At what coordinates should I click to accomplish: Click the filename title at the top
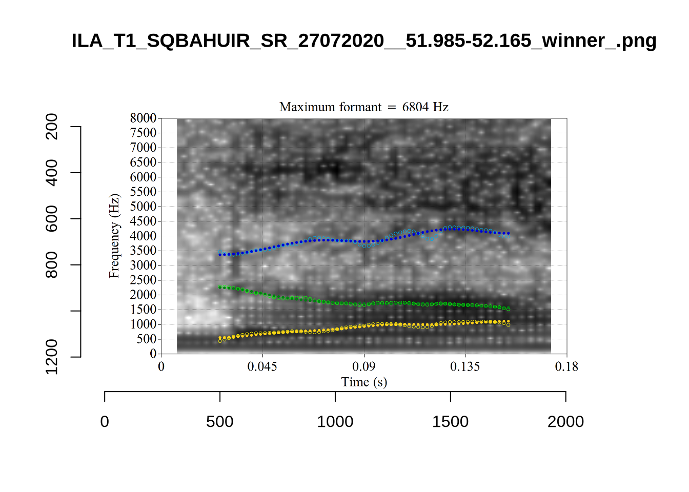click(363, 40)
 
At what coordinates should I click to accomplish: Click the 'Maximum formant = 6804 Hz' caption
click(363, 107)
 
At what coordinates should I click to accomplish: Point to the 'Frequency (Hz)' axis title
click(114, 236)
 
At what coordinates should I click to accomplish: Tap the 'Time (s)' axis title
click(364, 382)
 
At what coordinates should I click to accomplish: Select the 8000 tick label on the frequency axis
click(143, 118)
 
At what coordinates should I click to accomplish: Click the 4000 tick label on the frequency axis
click(143, 236)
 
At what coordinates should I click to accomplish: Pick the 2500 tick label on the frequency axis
click(143, 280)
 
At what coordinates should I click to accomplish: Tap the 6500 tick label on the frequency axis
click(143, 162)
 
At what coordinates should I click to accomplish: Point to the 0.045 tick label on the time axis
click(262, 366)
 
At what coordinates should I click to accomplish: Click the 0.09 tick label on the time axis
click(363, 366)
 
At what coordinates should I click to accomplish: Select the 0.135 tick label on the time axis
click(465, 366)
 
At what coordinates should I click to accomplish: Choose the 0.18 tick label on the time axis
click(566, 366)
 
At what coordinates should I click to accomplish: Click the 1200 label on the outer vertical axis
click(52, 357)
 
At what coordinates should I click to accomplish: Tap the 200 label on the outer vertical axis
click(52, 127)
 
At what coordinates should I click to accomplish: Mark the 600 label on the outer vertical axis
click(52, 219)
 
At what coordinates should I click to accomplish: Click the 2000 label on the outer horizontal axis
click(565, 422)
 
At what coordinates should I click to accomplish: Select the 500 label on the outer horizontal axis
click(220, 422)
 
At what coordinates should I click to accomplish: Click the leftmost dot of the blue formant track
click(220, 254)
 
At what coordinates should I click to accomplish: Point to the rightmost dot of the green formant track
click(508, 309)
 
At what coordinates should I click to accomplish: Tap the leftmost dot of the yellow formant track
click(220, 338)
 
